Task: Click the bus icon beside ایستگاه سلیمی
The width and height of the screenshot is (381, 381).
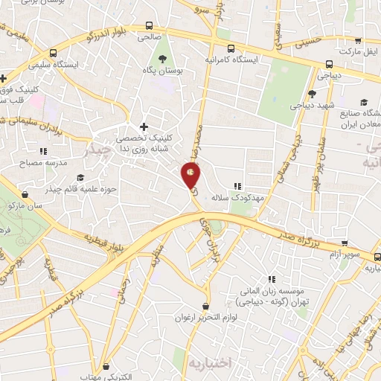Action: [52, 54]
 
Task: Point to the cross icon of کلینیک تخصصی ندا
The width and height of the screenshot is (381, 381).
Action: [144, 127]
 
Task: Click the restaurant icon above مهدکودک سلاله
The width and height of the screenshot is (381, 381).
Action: [237, 186]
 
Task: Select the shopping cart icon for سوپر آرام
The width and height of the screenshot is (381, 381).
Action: [344, 243]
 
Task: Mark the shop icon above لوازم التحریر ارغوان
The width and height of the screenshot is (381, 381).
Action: [206, 306]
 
